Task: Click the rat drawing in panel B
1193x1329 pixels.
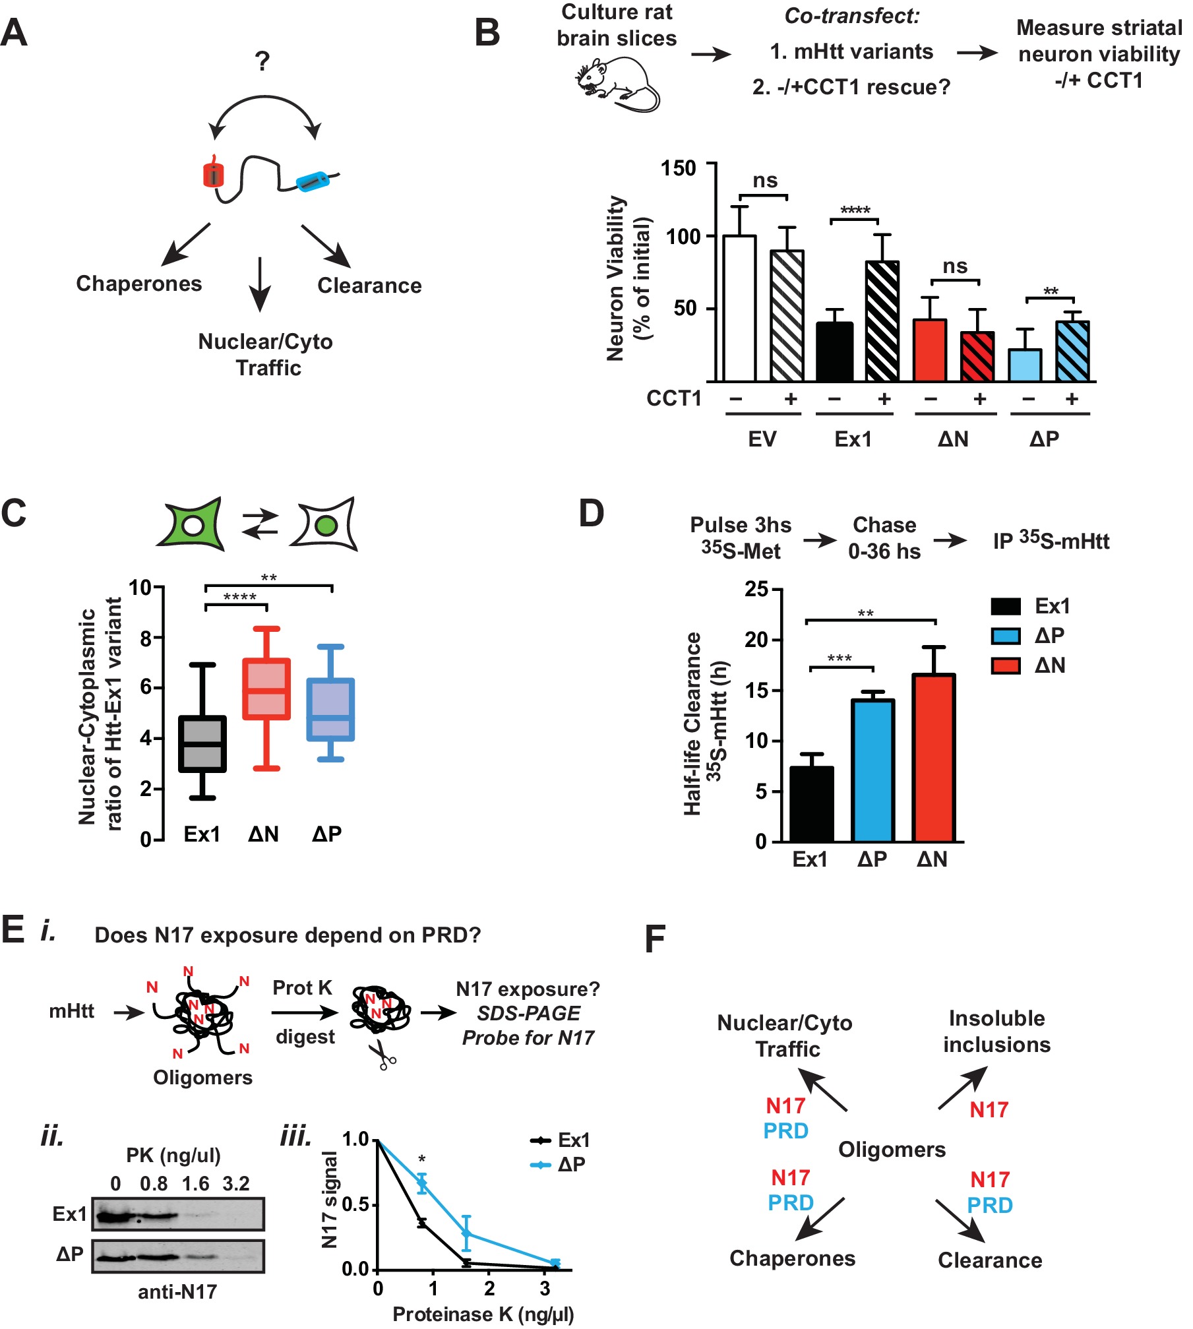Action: pyautogui.click(x=617, y=84)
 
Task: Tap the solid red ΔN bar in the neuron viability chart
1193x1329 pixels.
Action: pyautogui.click(x=930, y=350)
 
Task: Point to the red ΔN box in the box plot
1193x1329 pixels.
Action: pyautogui.click(x=266, y=689)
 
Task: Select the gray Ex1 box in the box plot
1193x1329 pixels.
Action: pyautogui.click(x=202, y=743)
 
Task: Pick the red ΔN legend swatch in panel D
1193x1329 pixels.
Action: pyautogui.click(x=1006, y=665)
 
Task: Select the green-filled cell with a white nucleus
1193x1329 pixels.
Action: pyautogui.click(x=191, y=524)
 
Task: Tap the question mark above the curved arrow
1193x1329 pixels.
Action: pyautogui.click(x=262, y=61)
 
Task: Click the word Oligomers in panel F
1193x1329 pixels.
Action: pyautogui.click(x=892, y=1150)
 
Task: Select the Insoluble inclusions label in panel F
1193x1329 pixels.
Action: pyautogui.click(x=996, y=1032)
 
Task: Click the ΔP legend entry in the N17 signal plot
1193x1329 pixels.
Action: pyautogui.click(x=560, y=1165)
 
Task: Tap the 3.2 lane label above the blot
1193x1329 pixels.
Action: pyautogui.click(x=236, y=1185)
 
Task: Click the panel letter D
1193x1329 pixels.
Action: pyautogui.click(x=591, y=513)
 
